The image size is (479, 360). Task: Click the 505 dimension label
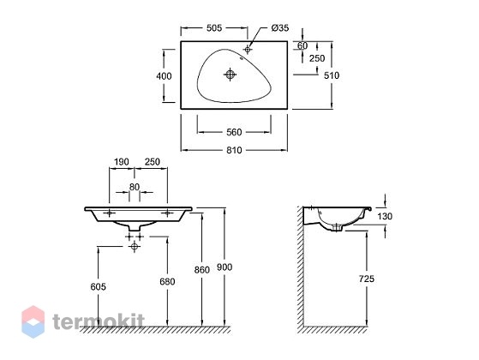[214, 28]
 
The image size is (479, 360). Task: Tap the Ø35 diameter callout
[280, 28]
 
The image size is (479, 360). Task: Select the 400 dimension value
[164, 76]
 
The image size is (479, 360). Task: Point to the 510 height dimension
[332, 75]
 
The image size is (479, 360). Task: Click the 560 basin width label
[234, 132]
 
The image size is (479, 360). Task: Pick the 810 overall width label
[234, 150]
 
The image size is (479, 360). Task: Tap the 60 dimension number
[302, 45]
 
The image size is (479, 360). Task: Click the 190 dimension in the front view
[122, 162]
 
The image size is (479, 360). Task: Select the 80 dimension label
[135, 187]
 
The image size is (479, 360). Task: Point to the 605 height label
[99, 286]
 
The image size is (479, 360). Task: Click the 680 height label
[167, 281]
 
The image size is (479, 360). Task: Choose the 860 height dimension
[202, 270]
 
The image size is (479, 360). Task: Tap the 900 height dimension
[225, 267]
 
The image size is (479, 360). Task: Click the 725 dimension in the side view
[367, 279]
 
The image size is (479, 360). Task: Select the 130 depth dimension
[385, 216]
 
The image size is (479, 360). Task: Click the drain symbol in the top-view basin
[230, 75]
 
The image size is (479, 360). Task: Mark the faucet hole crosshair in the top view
[248, 49]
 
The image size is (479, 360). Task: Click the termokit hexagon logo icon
[33, 321]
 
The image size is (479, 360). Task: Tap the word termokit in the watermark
[99, 321]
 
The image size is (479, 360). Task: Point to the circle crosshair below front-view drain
[135, 246]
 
